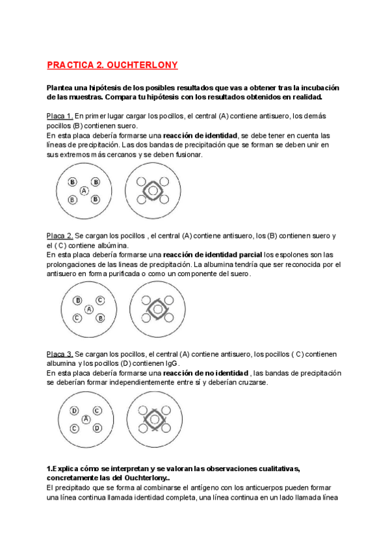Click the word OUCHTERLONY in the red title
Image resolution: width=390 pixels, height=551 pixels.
(144, 66)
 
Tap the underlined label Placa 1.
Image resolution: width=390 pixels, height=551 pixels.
(60, 116)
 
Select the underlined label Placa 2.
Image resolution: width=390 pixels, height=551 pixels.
(60, 235)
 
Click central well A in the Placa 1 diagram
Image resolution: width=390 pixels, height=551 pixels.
(84, 191)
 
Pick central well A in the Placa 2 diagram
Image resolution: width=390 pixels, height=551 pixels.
(89, 309)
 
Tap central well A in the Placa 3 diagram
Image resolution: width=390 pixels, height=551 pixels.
(86, 420)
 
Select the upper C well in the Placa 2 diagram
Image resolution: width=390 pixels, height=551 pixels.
(99, 300)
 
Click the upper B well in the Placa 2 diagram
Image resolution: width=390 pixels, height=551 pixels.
(78, 300)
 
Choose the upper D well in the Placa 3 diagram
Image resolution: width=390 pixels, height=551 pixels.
(75, 411)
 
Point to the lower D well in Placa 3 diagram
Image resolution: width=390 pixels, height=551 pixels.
(97, 428)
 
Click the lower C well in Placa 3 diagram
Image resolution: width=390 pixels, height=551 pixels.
(75, 428)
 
